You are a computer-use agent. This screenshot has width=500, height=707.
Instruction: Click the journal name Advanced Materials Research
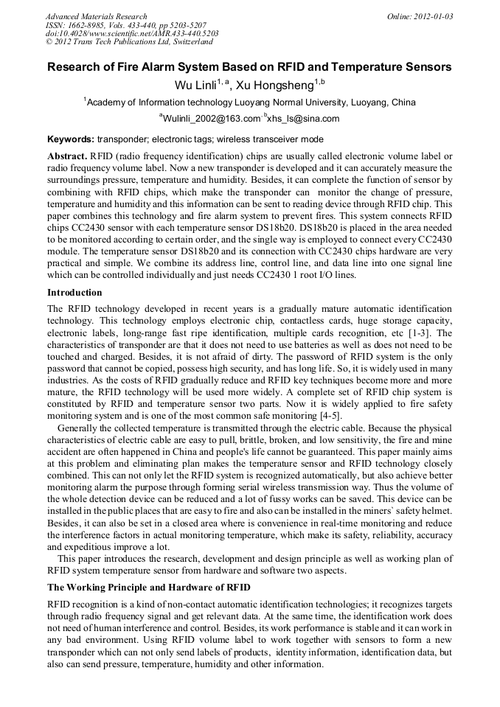tap(96, 16)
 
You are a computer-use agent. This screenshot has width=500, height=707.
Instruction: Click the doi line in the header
tap(132, 34)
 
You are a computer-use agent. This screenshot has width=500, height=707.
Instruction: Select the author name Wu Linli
tap(195, 86)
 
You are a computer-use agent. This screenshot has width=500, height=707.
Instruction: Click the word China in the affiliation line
tap(403, 102)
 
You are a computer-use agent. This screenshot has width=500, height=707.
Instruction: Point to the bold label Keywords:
tap(71, 139)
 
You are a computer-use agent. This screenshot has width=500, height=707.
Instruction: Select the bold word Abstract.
tap(67, 158)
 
